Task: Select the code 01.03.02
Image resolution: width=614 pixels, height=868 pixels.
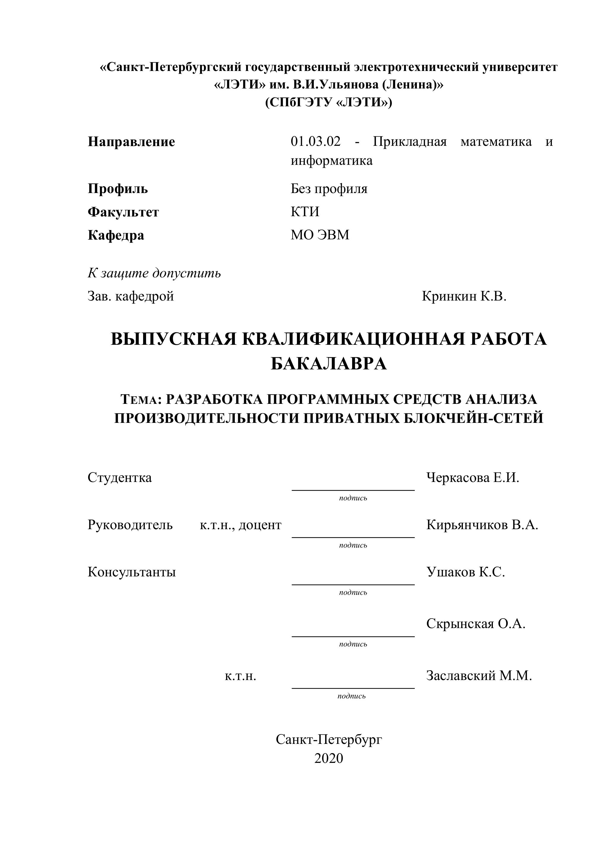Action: pos(315,142)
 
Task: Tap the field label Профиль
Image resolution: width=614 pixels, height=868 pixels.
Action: pos(118,188)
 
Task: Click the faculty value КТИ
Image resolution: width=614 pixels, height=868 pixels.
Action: pos(305,211)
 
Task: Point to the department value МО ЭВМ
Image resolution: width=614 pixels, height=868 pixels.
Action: pos(320,235)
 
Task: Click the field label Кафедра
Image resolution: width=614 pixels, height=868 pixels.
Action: pos(116,235)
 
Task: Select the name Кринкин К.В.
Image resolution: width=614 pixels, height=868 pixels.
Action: pos(464,296)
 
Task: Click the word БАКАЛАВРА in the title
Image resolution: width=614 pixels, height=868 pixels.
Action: pos(329,364)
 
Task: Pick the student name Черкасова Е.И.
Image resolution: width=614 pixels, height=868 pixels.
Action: pos(473,478)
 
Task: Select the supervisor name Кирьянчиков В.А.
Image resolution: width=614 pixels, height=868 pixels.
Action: pos(482,525)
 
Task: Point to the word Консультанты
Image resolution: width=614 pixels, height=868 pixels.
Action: pos(132,572)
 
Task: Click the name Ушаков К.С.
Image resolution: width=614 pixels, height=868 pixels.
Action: pos(466,572)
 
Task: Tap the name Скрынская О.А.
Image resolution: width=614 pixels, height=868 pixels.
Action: pos(476,623)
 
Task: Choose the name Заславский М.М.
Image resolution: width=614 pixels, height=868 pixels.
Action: pos(479,675)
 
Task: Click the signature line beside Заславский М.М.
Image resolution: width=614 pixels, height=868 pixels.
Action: pos(353,688)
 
